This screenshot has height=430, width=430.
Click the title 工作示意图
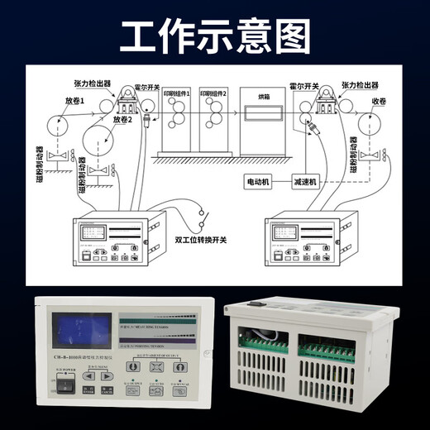point(214,35)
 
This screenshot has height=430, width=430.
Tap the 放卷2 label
point(122,119)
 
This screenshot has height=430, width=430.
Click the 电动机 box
point(260,180)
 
